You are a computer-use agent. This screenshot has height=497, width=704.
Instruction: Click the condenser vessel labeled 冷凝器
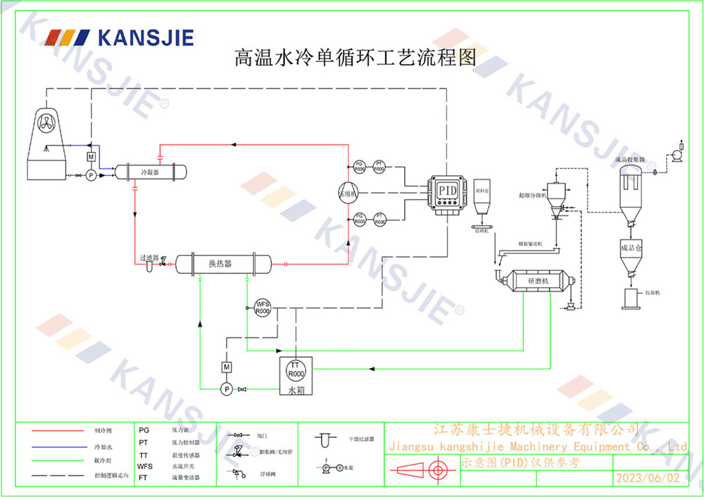click(151, 171)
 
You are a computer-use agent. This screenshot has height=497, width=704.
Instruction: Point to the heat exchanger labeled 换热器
click(222, 264)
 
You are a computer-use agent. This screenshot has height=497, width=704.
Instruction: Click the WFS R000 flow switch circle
click(263, 307)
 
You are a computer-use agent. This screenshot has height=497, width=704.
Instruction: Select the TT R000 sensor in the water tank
click(296, 369)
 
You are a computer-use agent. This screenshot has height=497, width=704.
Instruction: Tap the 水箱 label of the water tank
click(296, 389)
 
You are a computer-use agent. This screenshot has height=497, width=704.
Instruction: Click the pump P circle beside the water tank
click(227, 389)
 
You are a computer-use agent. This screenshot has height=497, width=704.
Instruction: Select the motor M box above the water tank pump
click(227, 367)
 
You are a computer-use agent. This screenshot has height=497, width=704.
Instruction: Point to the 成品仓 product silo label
click(632, 248)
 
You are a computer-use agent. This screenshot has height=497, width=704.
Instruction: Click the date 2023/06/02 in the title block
click(648, 477)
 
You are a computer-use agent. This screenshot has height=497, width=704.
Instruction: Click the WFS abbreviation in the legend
click(144, 466)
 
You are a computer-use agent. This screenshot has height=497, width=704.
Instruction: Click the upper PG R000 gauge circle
click(359, 166)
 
